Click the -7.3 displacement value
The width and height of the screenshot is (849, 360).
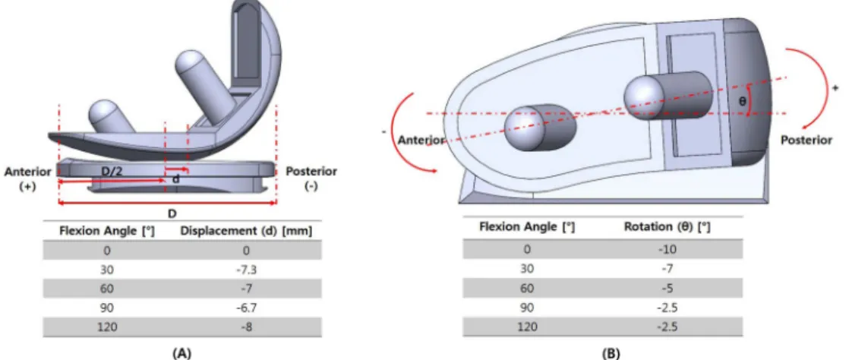247,269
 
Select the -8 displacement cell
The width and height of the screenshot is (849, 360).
247,327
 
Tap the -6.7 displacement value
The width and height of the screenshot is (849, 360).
247,307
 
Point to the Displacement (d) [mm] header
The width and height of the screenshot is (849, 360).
246,231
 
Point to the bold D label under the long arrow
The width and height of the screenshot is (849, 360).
172,213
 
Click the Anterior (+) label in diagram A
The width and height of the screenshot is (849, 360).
28,179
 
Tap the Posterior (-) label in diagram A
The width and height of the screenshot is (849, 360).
311,179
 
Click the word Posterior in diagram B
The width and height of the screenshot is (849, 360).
806,141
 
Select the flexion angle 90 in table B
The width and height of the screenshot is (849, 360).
525,308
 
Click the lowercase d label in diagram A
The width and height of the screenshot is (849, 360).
176,179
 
